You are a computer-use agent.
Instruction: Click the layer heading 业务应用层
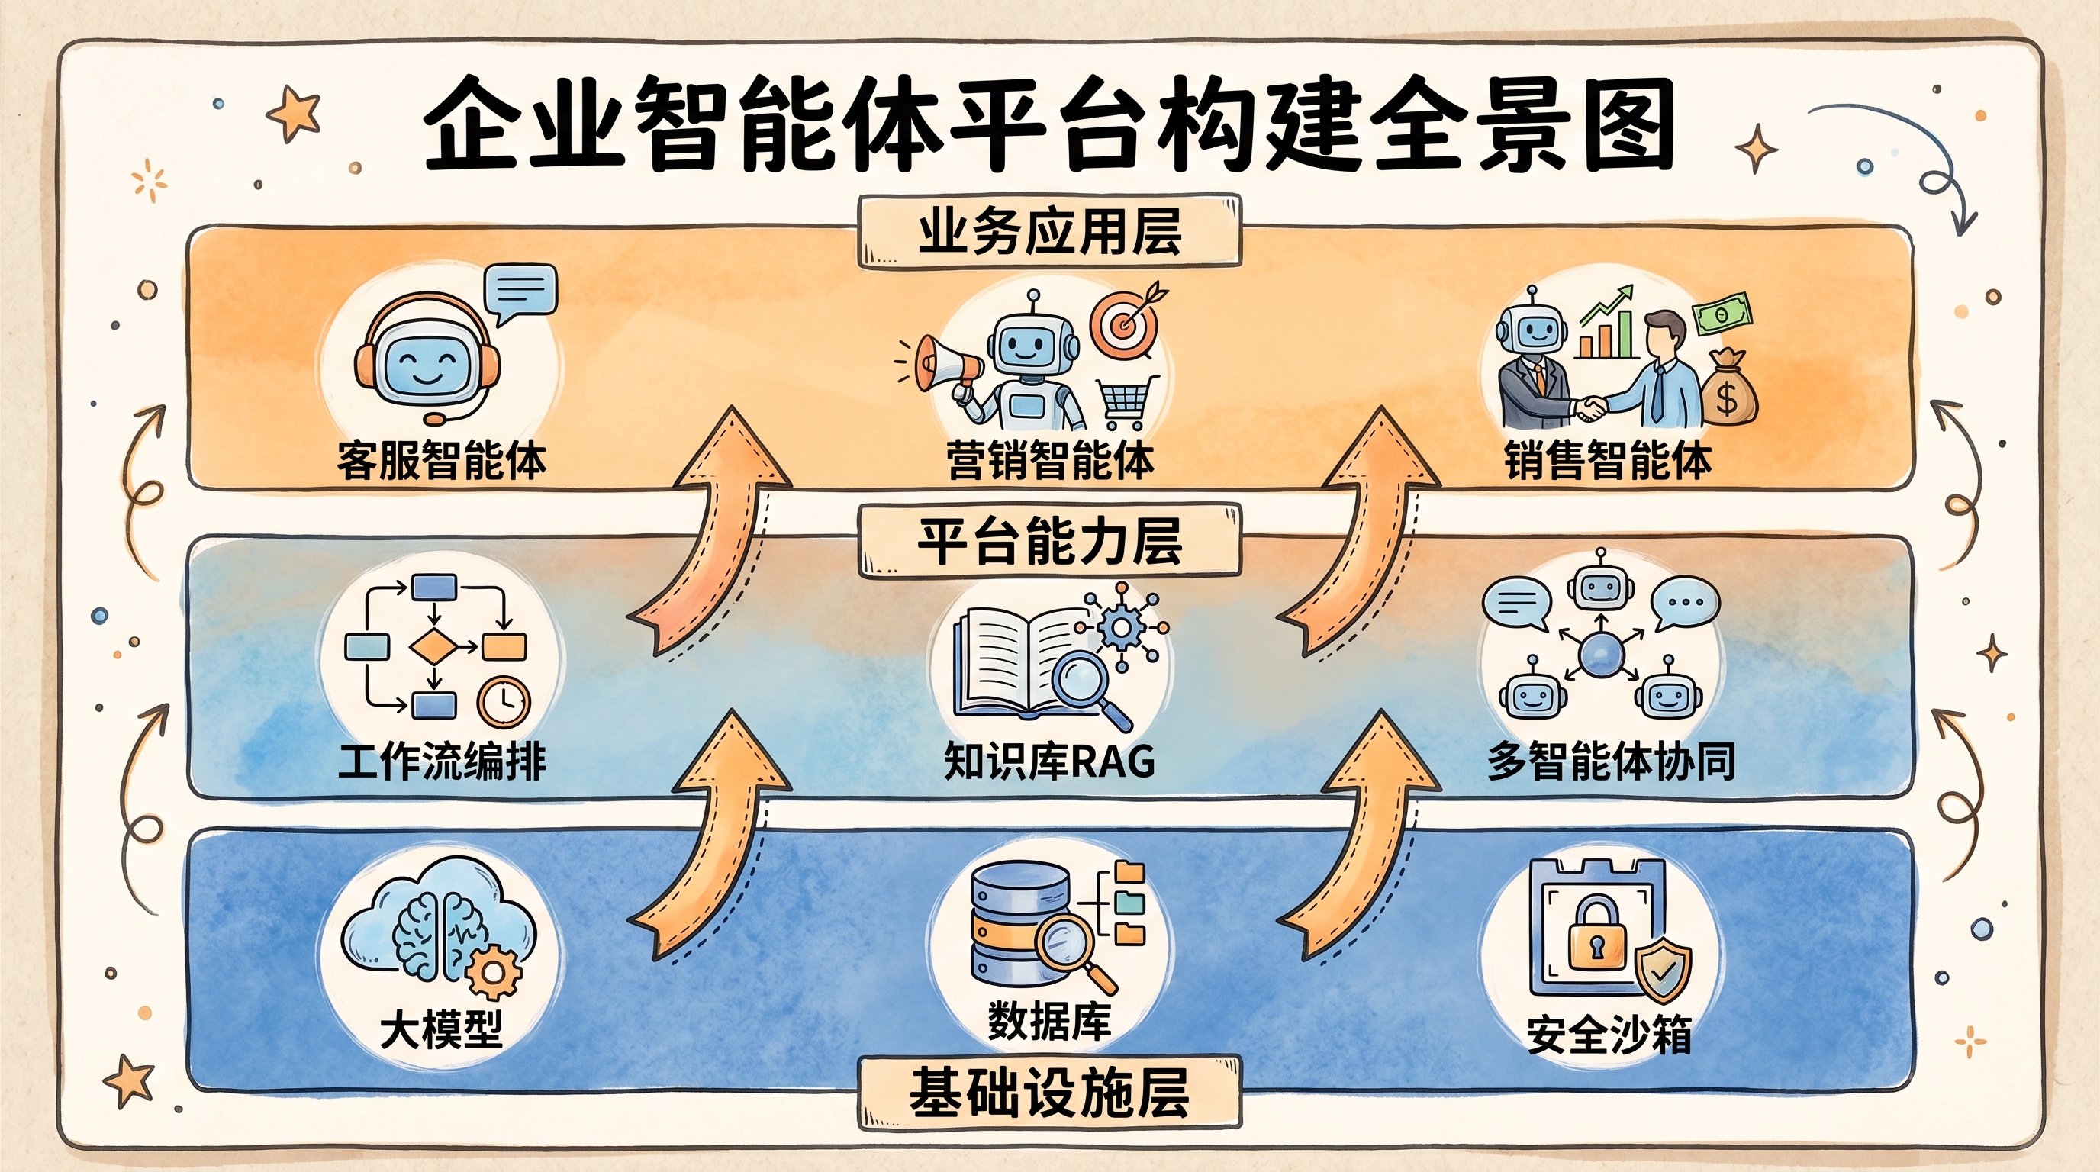click(x=1049, y=232)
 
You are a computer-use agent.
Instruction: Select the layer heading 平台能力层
click(x=1049, y=541)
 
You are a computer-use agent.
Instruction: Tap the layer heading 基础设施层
click(x=1049, y=1093)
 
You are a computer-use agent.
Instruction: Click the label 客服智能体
click(x=441, y=462)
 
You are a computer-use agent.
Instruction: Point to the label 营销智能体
click(x=1050, y=462)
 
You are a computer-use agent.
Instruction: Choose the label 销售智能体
click(x=1608, y=462)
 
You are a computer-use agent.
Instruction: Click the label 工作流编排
click(x=441, y=763)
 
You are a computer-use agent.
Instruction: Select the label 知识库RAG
click(x=1050, y=763)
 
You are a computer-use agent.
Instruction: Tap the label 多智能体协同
click(x=1611, y=763)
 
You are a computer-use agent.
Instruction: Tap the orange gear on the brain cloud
click(x=492, y=971)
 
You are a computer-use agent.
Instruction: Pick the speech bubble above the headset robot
click(x=520, y=291)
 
